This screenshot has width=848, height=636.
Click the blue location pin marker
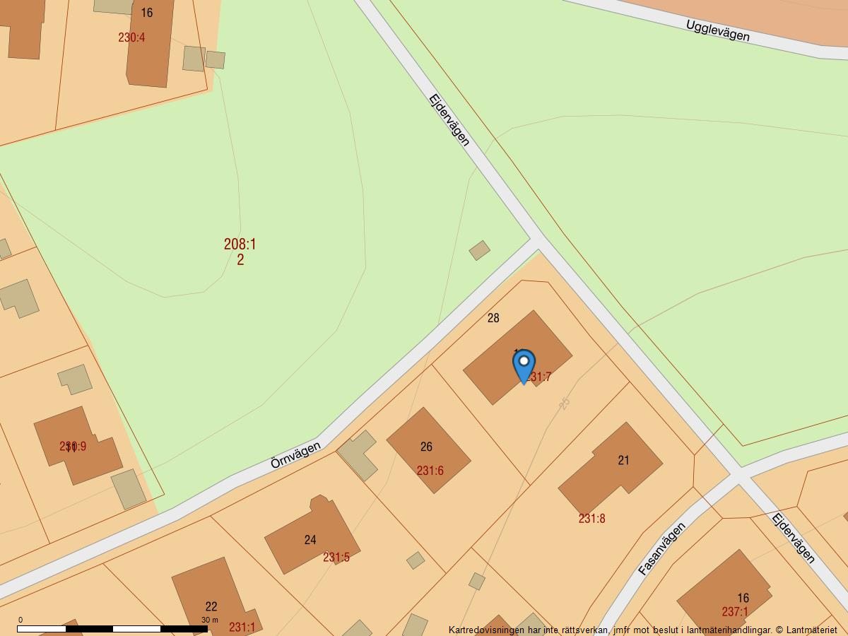click(524, 365)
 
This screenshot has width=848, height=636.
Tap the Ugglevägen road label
click(717, 30)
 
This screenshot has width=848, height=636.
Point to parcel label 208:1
click(240, 245)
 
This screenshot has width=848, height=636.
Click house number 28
click(493, 318)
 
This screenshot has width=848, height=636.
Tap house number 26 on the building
click(426, 447)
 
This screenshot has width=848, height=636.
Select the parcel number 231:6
click(430, 471)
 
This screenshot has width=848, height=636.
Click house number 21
click(623, 460)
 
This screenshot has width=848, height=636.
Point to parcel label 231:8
click(591, 519)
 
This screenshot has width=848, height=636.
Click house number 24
click(310, 540)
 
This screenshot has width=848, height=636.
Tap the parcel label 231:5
click(336, 558)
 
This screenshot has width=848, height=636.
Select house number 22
click(211, 606)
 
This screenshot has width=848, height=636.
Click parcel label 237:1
click(735, 612)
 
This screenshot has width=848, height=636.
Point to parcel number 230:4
click(131, 37)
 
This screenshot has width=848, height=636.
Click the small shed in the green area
click(479, 250)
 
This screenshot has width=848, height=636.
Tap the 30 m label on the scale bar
click(209, 620)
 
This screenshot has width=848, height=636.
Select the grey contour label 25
click(564, 404)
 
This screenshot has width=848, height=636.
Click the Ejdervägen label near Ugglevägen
click(449, 120)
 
